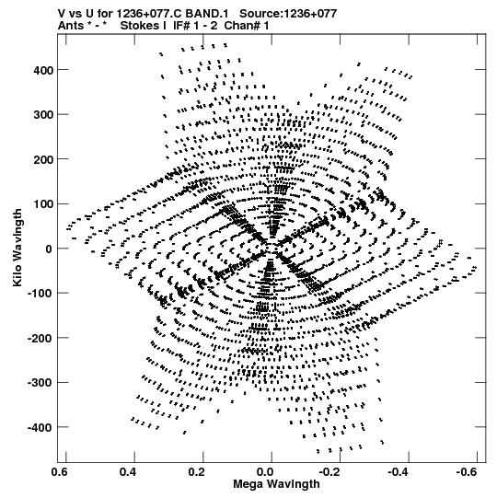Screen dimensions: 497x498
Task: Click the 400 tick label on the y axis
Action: click(43, 70)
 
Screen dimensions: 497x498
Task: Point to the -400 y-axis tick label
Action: click(40, 427)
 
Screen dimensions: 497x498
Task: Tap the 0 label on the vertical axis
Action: click(49, 249)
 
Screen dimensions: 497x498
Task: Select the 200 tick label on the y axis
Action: click(43, 159)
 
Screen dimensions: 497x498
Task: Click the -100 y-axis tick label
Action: click(40, 294)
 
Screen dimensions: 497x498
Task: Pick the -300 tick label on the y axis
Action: click(40, 383)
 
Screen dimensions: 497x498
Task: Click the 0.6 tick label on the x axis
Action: click(60, 472)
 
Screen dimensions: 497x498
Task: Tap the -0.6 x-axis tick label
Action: click(467, 472)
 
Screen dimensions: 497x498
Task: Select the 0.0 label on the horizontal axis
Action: click(265, 472)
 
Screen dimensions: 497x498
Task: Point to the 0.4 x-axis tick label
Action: click(128, 472)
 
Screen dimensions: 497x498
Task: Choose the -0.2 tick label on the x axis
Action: click(329, 472)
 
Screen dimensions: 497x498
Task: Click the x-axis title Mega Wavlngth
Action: click(276, 485)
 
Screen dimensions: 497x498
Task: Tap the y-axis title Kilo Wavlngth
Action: click(17, 248)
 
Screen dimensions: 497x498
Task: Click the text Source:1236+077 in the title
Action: click(288, 14)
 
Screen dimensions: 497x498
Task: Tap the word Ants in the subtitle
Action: click(71, 26)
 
